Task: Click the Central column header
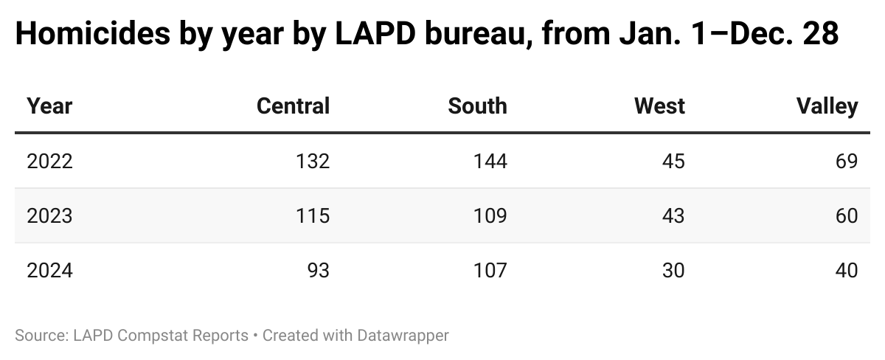tap(293, 106)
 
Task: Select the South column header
tap(477, 106)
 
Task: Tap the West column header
tap(659, 106)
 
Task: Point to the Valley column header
tap(827, 106)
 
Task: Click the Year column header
tap(49, 106)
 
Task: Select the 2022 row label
tap(49, 161)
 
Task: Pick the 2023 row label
tap(49, 215)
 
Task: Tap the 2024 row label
tap(49, 271)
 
